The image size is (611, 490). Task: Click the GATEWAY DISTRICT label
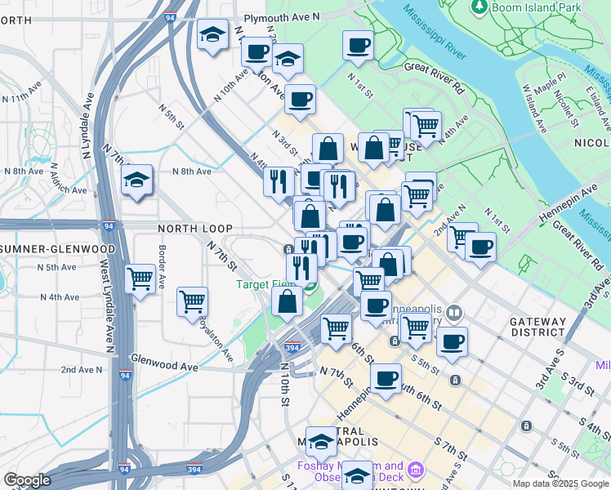tap(537, 327)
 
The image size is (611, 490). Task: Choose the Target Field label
tap(265, 285)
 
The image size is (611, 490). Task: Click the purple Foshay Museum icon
tap(416, 470)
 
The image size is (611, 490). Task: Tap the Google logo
tap(27, 480)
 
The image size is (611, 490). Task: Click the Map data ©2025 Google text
tap(560, 483)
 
